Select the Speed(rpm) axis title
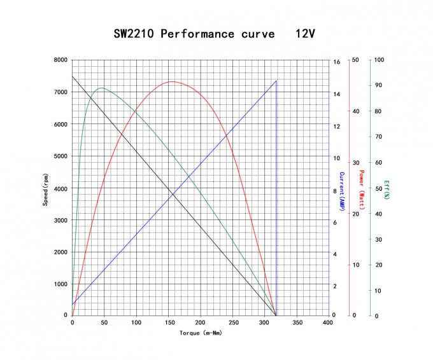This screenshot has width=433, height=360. coord(45,188)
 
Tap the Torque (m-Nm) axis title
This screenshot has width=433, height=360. coord(201,333)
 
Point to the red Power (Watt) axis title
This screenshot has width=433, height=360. coord(361,190)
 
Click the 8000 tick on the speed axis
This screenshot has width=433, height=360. coord(60,60)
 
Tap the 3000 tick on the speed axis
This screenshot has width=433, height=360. coord(60,220)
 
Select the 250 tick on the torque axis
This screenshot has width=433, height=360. coord(232,323)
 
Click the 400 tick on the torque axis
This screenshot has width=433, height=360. coord(328,323)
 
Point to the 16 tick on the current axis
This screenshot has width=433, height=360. coord(337,62)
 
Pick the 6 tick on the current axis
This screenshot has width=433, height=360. coord(335,222)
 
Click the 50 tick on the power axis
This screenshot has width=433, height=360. coord(355,60)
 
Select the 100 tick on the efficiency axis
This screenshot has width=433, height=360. coord(379,60)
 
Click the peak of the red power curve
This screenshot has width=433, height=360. coord(172,81)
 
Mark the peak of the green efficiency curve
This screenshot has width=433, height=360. coord(101,88)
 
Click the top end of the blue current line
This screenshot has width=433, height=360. coord(276,81)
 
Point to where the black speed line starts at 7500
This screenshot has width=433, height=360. coord(73,76)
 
